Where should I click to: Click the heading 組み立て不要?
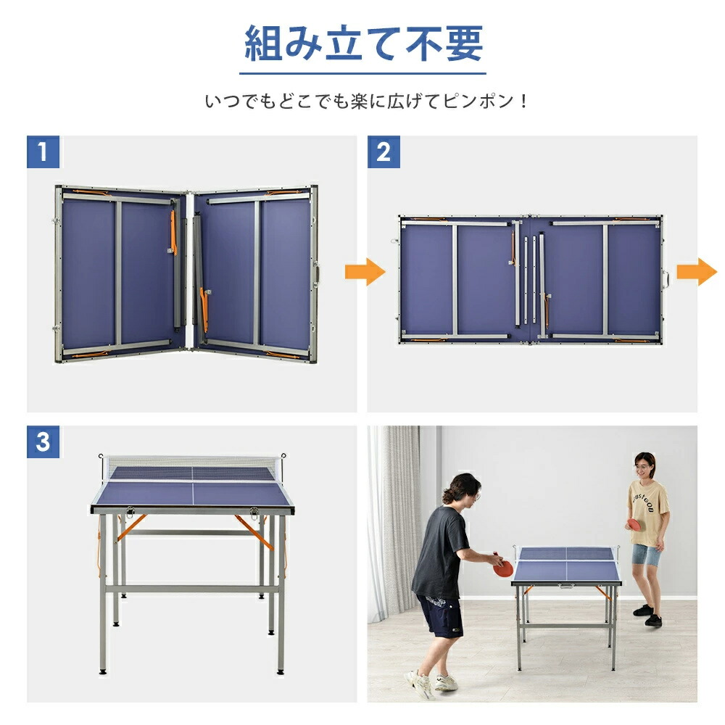362,45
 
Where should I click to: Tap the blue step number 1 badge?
43,152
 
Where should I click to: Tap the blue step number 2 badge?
383,152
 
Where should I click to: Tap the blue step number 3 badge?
43,442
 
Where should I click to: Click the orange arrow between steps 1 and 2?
375,272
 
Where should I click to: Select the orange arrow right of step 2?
697,272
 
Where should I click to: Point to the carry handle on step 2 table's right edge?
664,279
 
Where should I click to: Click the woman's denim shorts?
645,555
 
